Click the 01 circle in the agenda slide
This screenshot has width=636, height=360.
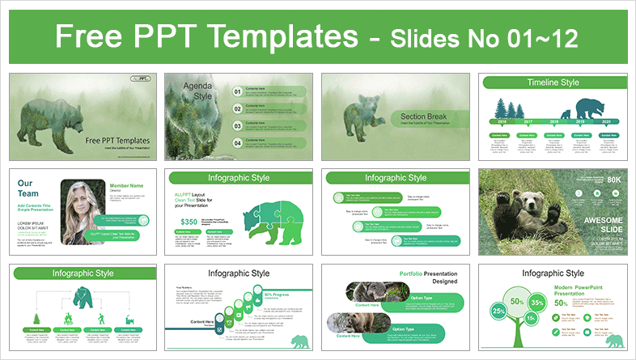pos(237,92)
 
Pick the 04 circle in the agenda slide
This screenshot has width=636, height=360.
pos(237,143)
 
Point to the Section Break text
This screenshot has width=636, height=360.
pos(423,117)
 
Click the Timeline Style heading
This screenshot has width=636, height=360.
pos(553,83)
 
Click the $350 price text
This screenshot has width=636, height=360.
pos(189,221)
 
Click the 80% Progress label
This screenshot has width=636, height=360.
pos(255,295)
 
